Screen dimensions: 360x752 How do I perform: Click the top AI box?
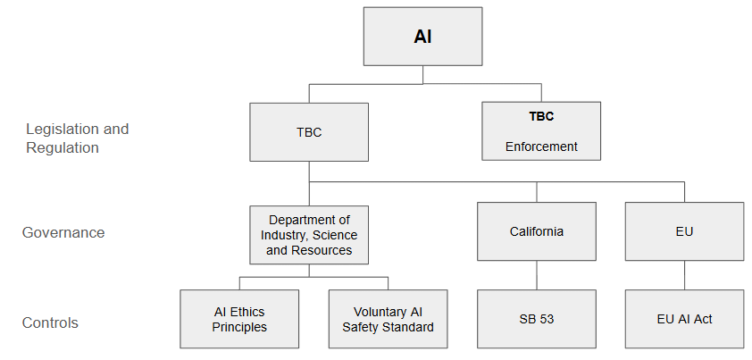point(422,38)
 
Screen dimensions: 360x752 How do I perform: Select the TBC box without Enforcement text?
point(309,132)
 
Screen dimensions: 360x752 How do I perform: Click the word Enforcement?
point(541,147)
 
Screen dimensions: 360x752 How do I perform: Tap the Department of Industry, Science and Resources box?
point(309,234)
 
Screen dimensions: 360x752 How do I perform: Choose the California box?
point(536,231)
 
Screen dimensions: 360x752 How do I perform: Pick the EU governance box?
point(684,231)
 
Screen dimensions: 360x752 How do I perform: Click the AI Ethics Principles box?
point(238,319)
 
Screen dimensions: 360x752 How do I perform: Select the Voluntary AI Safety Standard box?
point(388,319)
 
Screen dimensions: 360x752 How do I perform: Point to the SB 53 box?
point(536,319)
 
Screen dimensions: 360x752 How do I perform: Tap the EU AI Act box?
point(684,319)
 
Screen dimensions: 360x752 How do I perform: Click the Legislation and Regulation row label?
point(77,138)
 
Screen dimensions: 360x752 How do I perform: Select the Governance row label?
point(63,232)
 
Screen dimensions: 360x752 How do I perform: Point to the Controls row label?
point(51,322)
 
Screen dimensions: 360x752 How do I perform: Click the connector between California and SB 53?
point(536,275)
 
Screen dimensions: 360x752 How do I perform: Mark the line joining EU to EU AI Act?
point(684,275)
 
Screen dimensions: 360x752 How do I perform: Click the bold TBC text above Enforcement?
point(541,116)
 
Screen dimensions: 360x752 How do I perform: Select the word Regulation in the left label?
point(63,148)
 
